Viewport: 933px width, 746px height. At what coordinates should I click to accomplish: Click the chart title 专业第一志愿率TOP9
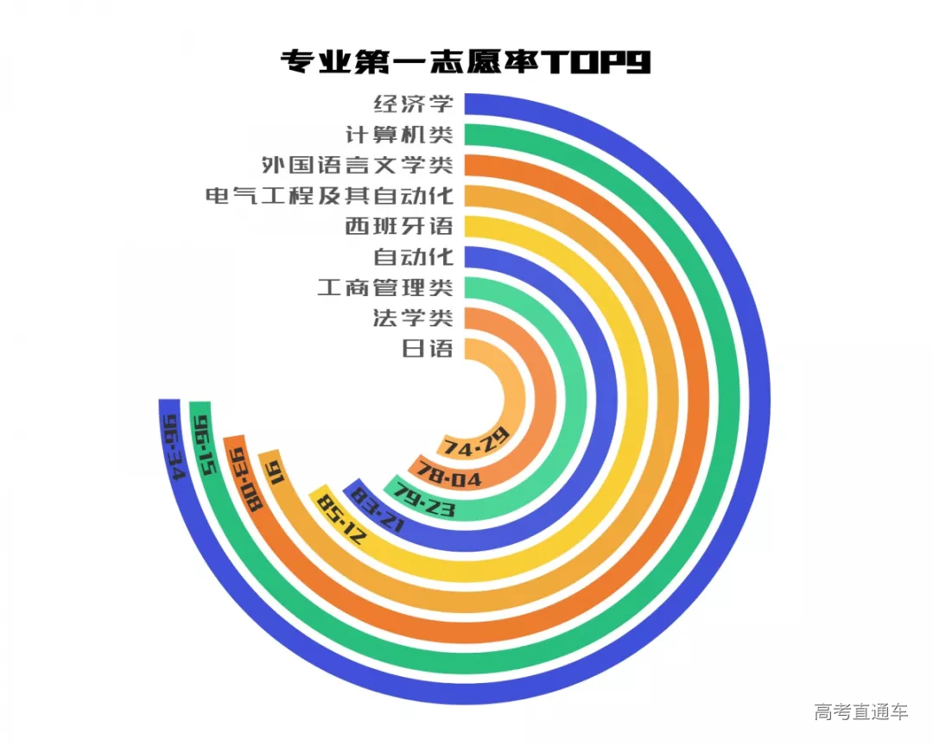[466, 62]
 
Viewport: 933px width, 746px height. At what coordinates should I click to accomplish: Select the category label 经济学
[413, 104]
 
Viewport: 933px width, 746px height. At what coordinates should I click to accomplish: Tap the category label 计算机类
[398, 135]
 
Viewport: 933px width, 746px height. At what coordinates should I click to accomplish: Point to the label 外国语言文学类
[358, 165]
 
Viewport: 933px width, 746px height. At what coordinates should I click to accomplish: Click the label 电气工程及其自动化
[329, 195]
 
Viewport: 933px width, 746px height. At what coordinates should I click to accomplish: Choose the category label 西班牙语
[398, 226]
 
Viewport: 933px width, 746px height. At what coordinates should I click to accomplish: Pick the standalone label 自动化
[413, 256]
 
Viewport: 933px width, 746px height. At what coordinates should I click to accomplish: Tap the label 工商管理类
[384, 287]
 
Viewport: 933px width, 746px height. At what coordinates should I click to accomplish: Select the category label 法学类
[413, 317]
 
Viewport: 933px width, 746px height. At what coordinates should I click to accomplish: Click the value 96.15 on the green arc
[205, 443]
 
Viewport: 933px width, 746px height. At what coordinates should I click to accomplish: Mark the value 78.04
[449, 474]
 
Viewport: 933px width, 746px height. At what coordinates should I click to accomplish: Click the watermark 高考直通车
[860, 711]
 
